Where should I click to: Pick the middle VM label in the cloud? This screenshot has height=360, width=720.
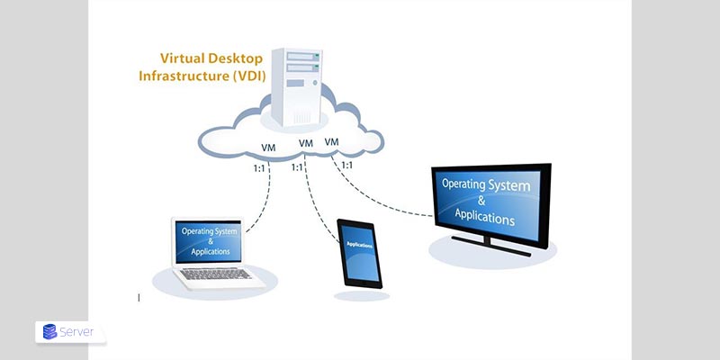pos(306,143)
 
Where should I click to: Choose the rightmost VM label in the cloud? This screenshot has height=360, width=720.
pos(332,141)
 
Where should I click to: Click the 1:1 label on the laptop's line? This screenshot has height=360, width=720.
pos(261,167)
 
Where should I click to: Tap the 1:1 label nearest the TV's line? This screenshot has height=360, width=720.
pos(346,165)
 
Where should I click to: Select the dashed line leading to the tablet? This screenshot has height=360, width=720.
pos(319,202)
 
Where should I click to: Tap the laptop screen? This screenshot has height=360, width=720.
pos(210,241)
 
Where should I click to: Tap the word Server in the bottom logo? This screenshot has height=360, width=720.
pos(79,332)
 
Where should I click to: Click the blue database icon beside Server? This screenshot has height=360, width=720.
pos(49,332)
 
